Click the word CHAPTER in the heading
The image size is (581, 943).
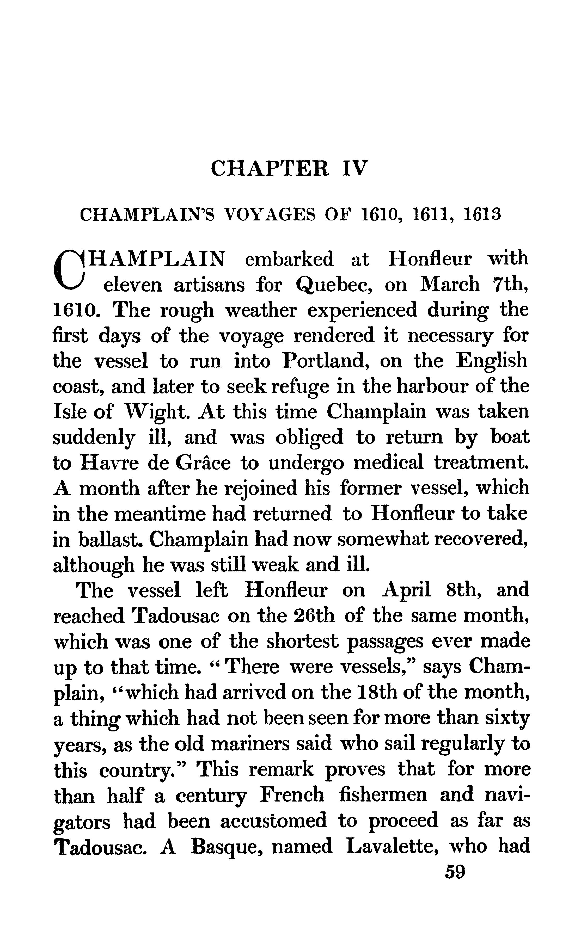click(270, 168)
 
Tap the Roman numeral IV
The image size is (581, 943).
click(355, 168)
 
